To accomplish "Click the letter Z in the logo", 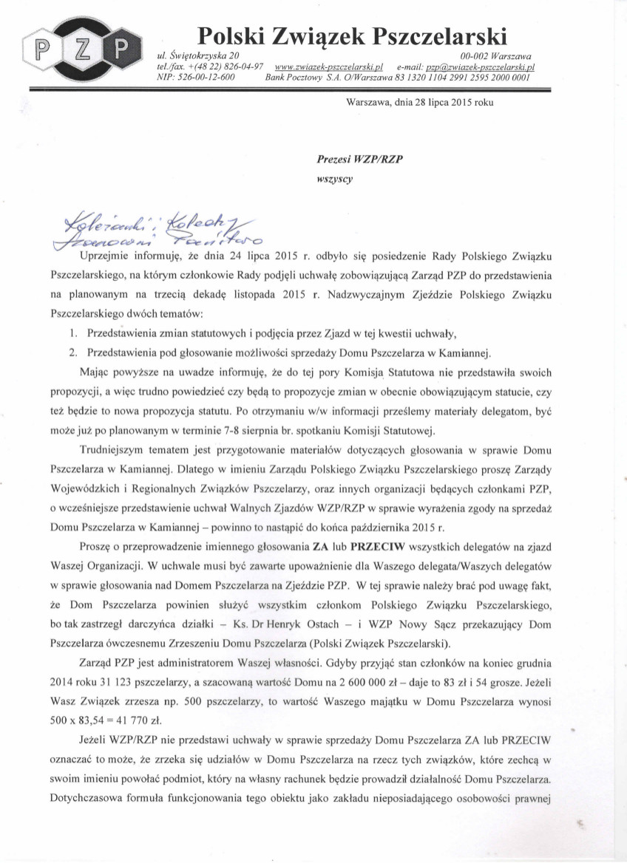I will tap(83, 51).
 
